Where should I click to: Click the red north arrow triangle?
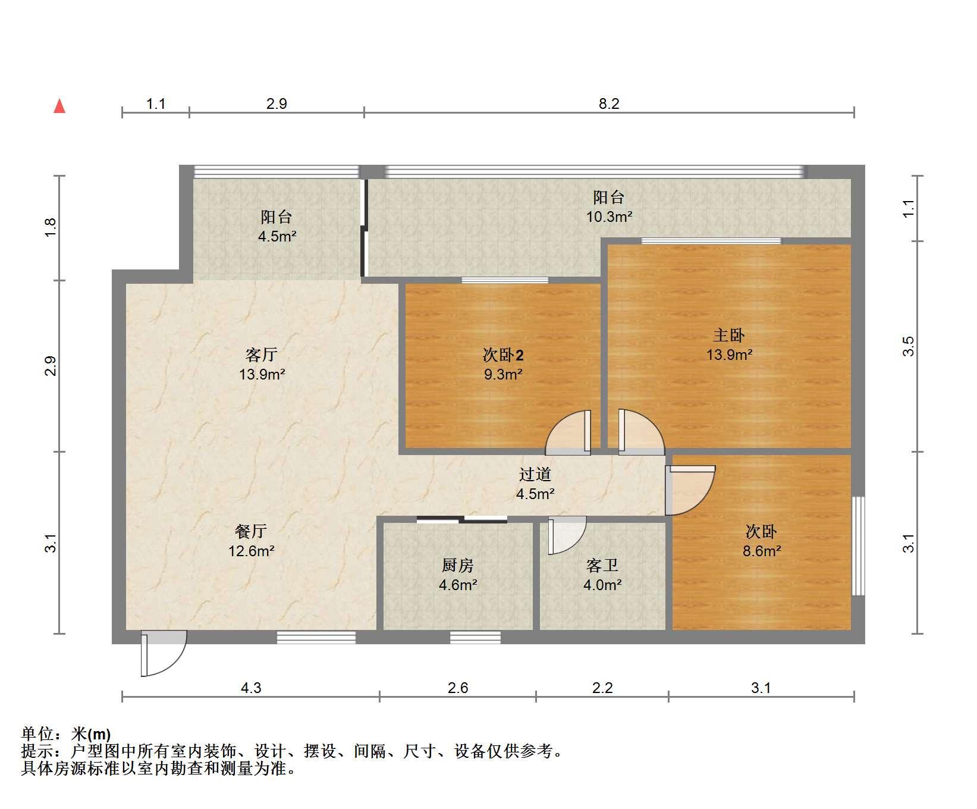click(59, 106)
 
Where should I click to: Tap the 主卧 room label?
click(729, 335)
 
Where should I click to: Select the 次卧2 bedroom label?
click(503, 355)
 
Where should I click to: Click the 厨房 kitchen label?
click(458, 565)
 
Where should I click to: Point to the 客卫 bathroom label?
click(602, 565)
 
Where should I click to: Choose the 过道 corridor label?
click(535, 474)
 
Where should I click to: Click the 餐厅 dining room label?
click(251, 531)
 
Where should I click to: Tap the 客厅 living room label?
click(262, 355)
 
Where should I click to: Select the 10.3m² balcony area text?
click(609, 217)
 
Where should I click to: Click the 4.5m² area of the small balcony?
click(277, 236)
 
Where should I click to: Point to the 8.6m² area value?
click(762, 551)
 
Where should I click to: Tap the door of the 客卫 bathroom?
click(567, 535)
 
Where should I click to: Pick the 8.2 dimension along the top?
click(609, 104)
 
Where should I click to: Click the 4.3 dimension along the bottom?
click(251, 688)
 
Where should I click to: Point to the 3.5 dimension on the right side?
click(908, 346)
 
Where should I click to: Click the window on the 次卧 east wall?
click(858, 545)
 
